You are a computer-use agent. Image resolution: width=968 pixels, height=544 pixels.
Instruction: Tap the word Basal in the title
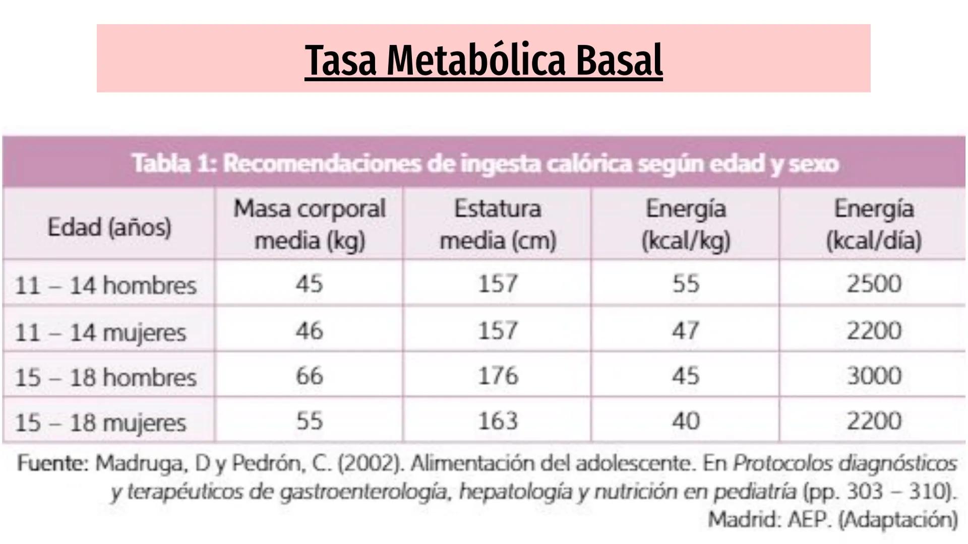(x=619, y=60)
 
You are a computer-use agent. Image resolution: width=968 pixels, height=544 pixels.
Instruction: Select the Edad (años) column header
(x=109, y=227)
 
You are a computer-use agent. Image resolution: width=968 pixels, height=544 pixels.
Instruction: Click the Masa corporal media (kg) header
(x=309, y=224)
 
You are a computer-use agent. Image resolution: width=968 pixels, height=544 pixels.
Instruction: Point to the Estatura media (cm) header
(x=498, y=224)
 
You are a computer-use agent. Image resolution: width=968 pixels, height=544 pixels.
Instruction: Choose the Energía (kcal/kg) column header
(x=686, y=224)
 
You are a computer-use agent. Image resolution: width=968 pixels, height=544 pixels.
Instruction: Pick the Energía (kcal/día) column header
(x=874, y=224)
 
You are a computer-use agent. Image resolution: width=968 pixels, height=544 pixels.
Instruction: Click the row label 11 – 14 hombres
(x=105, y=285)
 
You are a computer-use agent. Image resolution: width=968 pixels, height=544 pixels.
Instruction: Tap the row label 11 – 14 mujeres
(x=100, y=332)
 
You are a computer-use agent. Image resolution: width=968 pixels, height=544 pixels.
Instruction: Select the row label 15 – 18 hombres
(x=105, y=377)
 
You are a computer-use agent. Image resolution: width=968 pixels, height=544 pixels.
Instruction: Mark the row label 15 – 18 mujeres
(x=100, y=423)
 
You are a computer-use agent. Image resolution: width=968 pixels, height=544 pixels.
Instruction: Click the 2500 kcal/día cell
(x=874, y=284)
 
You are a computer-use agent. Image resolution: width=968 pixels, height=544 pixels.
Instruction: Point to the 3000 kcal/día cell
(x=874, y=376)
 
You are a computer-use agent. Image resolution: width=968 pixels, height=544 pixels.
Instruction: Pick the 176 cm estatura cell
(x=498, y=376)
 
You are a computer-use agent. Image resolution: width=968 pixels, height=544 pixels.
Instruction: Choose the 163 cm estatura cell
(x=498, y=421)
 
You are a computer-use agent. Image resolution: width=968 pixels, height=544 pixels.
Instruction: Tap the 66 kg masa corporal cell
(x=309, y=376)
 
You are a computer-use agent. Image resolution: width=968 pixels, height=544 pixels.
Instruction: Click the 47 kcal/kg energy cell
(x=686, y=331)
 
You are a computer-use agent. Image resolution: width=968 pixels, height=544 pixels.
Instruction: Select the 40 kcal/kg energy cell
(x=686, y=421)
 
